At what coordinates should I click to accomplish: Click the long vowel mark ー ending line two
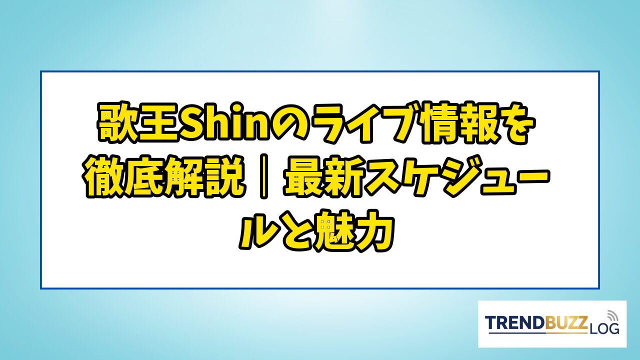pyautogui.click(x=528, y=175)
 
